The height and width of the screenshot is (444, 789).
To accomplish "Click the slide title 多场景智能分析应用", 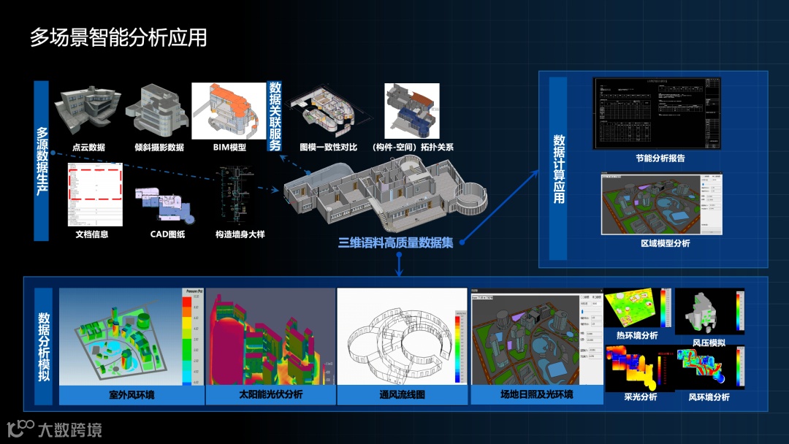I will tap(118, 37).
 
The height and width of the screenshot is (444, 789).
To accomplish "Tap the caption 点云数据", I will tap(88, 147).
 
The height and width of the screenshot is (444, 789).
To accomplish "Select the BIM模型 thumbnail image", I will tap(228, 110).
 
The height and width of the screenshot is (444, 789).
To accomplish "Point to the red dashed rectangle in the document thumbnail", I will tap(95, 182).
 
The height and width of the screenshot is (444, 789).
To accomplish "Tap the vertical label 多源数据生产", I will tap(42, 161).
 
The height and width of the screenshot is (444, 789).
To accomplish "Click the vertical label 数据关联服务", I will tap(275, 115).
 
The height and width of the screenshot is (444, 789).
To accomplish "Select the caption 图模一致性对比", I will tap(328, 147).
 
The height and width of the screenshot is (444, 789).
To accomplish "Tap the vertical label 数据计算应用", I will tap(558, 168).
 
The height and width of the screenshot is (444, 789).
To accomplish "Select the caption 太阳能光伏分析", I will tap(270, 395).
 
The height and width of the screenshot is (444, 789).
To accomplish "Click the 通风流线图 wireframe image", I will tap(402, 337).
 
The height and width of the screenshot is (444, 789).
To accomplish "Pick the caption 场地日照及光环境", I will tap(536, 395).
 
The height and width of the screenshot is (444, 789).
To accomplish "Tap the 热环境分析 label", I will tap(631, 336).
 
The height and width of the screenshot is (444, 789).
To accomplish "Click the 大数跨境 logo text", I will tap(70, 429).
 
